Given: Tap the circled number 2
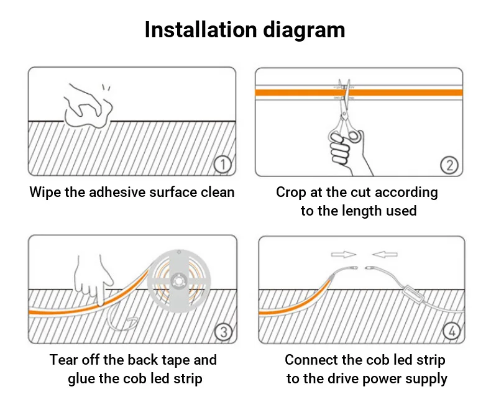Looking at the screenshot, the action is pos(449,165).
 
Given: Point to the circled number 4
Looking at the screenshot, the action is pos(452,332).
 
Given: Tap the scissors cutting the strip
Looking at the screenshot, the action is pos(343,112).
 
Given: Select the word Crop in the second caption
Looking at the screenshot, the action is pos(291,193).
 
